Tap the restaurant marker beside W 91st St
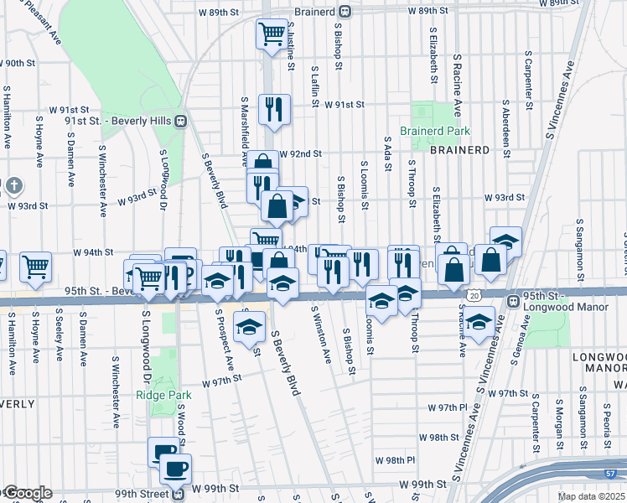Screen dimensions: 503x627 point(274,108)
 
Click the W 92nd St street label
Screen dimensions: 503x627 point(301,154)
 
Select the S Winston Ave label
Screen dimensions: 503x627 point(321,334)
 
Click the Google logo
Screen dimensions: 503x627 point(27,493)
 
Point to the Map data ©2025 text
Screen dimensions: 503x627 point(592,496)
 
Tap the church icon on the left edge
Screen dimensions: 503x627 point(13,184)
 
